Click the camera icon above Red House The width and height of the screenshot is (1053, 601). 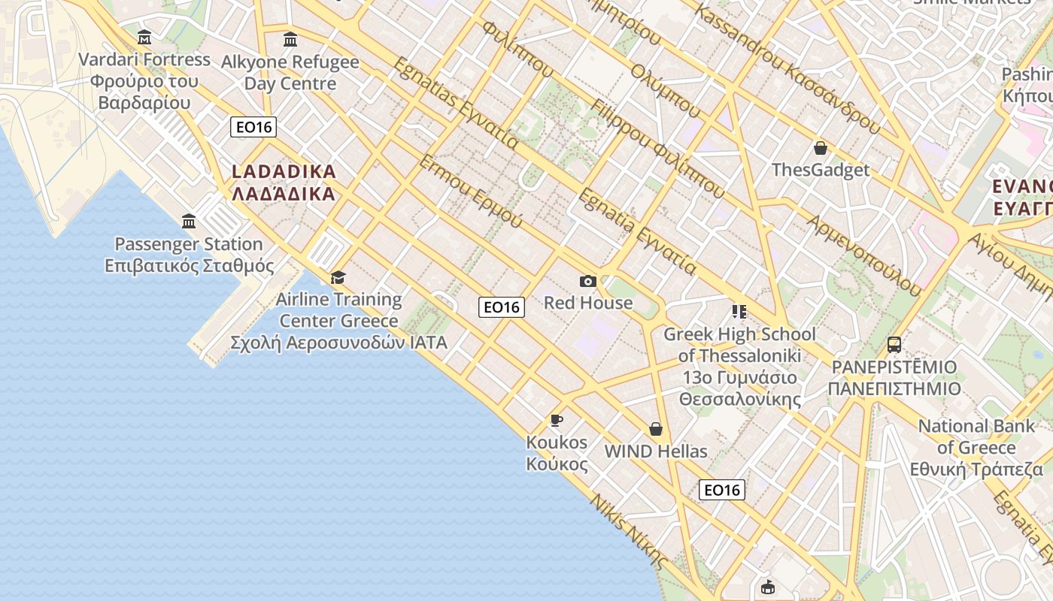588,281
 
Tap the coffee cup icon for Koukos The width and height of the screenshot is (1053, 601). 557,420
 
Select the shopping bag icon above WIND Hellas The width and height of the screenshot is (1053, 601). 656,429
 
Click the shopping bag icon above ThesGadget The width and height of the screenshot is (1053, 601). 821,148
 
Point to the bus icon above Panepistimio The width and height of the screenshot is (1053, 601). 894,345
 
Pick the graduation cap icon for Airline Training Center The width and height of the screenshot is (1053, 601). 338,277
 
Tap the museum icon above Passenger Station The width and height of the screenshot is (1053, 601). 189,222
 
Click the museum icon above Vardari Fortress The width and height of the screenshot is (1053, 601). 144,37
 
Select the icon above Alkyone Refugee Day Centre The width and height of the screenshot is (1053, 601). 290,39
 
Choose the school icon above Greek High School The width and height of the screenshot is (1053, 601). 739,311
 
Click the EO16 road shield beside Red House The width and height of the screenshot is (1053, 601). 502,307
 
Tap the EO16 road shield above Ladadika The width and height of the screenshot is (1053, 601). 253,127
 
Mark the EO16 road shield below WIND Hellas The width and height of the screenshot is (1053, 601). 722,490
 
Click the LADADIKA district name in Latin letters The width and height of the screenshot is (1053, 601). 284,171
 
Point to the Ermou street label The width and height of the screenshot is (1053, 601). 470,192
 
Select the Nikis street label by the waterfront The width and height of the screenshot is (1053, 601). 629,532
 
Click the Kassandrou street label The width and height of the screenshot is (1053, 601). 787,69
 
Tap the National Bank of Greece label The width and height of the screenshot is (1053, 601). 976,448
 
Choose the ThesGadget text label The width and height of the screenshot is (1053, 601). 821,170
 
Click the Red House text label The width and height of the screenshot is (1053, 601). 588,303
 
